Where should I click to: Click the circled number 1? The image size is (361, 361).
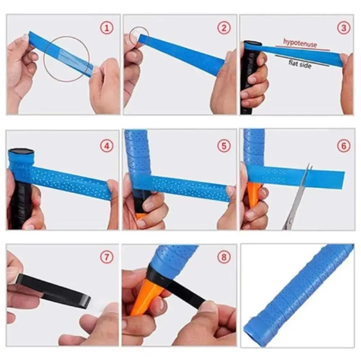click(106, 27)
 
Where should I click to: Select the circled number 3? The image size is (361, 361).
click(343, 27)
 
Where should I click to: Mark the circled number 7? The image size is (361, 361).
click(107, 257)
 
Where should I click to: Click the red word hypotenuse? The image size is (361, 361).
click(300, 44)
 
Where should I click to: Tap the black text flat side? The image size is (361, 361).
click(300, 65)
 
